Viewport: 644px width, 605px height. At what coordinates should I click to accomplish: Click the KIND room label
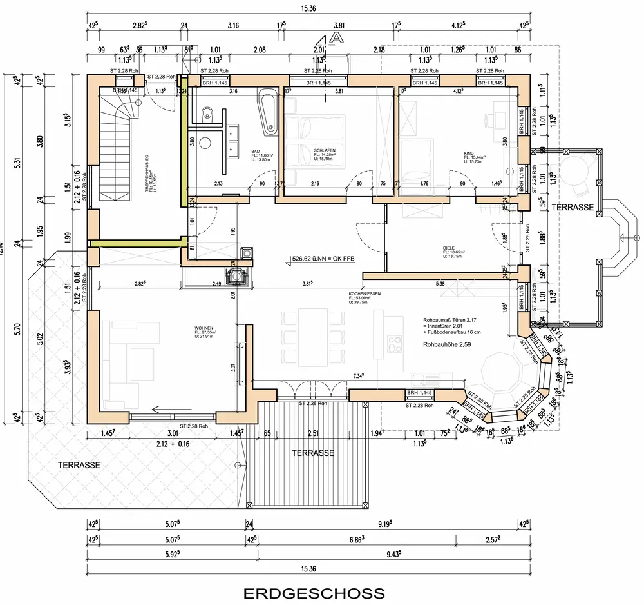pyautogui.click(x=468, y=154)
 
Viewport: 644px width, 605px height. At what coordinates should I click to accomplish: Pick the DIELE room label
pyautogui.click(x=450, y=248)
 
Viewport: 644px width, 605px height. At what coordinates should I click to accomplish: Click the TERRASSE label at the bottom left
pyautogui.click(x=79, y=465)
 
